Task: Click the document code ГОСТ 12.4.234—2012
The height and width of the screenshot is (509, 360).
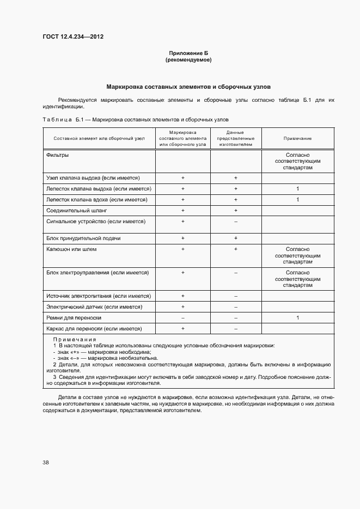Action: (x=73, y=37)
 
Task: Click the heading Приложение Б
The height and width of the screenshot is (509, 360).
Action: (x=188, y=53)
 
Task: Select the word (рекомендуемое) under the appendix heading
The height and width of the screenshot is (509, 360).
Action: (x=188, y=60)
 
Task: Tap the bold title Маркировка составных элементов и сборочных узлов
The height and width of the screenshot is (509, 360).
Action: (x=188, y=87)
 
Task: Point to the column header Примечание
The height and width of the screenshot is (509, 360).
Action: (x=297, y=138)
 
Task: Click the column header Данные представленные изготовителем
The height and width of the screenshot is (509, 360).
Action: (x=236, y=138)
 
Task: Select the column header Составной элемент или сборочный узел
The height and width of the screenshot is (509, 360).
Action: (x=99, y=138)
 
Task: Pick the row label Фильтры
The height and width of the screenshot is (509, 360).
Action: (x=58, y=155)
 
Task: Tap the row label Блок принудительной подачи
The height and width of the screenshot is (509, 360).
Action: (x=84, y=238)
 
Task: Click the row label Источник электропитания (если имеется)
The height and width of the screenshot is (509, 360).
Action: (x=99, y=296)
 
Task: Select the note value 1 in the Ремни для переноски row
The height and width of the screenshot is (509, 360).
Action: (x=298, y=317)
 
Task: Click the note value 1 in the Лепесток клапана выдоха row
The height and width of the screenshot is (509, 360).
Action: (x=298, y=188)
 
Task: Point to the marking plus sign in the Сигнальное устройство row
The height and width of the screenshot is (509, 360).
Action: (x=183, y=222)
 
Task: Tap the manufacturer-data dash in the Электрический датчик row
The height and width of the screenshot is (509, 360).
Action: (x=236, y=307)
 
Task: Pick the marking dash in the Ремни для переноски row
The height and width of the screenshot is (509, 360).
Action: (x=183, y=317)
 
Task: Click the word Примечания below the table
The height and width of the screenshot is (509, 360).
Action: (x=75, y=339)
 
